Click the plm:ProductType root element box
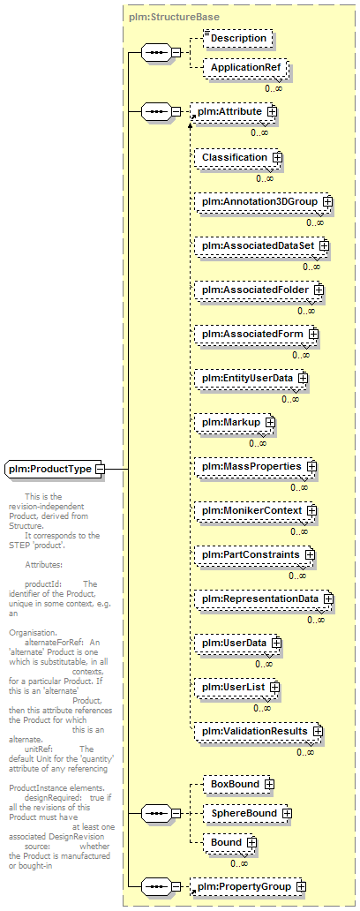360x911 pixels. point(55,469)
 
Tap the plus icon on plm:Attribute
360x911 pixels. point(271,110)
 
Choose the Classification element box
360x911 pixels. point(238,157)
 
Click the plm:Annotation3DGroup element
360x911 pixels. point(263,201)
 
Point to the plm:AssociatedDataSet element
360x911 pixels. point(261,245)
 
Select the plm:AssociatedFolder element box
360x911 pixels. point(259,290)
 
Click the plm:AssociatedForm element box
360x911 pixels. point(257,334)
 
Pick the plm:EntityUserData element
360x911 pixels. point(251,378)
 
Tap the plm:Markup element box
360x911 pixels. point(235,422)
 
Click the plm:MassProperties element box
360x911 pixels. point(256,467)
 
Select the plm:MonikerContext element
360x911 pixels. point(256,511)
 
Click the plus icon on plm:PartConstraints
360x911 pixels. point(310,555)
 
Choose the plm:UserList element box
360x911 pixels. point(236,688)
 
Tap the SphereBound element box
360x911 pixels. point(247,813)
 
